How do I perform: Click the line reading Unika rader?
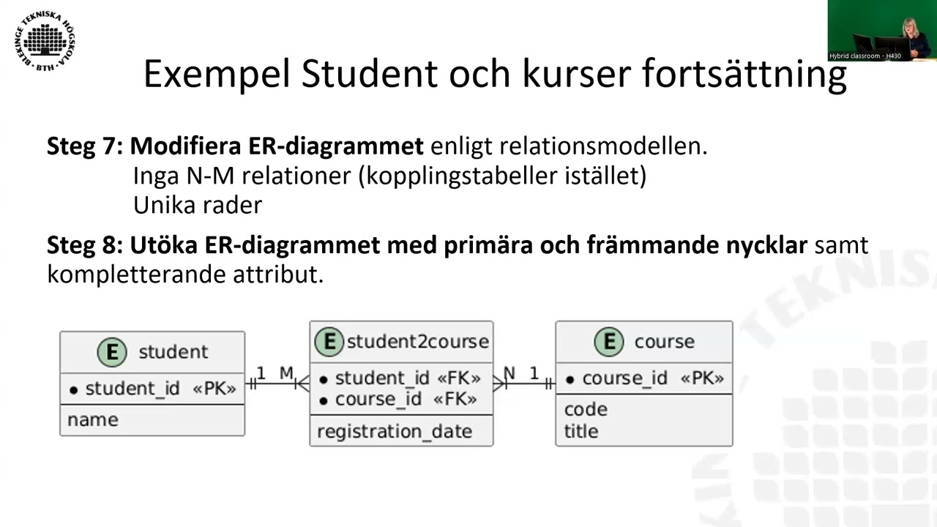(197, 205)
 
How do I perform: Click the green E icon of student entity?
(112, 352)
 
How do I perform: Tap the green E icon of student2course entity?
(329, 341)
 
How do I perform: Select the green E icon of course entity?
(608, 342)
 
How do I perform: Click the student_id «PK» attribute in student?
(152, 389)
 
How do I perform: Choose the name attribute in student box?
(92, 420)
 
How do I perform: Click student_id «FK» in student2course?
(406, 378)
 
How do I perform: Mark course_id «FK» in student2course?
(405, 400)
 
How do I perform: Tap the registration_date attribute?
(394, 432)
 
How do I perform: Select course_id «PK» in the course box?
(644, 378)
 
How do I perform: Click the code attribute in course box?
(585, 409)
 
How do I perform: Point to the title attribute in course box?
(581, 431)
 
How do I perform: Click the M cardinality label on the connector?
(286, 373)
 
